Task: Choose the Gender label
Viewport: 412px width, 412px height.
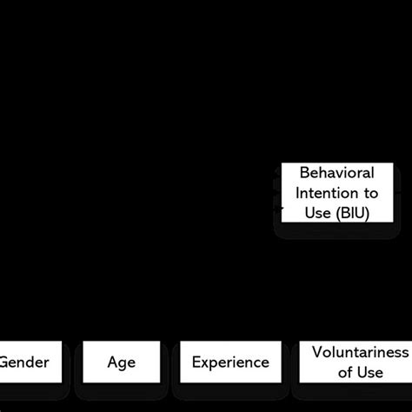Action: click(x=24, y=362)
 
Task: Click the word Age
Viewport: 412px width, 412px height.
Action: click(x=122, y=362)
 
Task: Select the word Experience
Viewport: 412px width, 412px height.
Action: click(x=230, y=362)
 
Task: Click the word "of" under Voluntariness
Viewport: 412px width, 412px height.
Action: click(x=345, y=372)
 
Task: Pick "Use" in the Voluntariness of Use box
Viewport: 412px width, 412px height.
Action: click(x=370, y=372)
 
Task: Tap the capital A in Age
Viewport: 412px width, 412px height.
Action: click(x=113, y=362)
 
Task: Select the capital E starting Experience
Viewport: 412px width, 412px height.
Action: click(x=196, y=362)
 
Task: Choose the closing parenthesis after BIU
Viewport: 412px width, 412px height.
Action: click(x=366, y=212)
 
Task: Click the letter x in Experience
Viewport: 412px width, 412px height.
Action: click(x=205, y=362)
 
